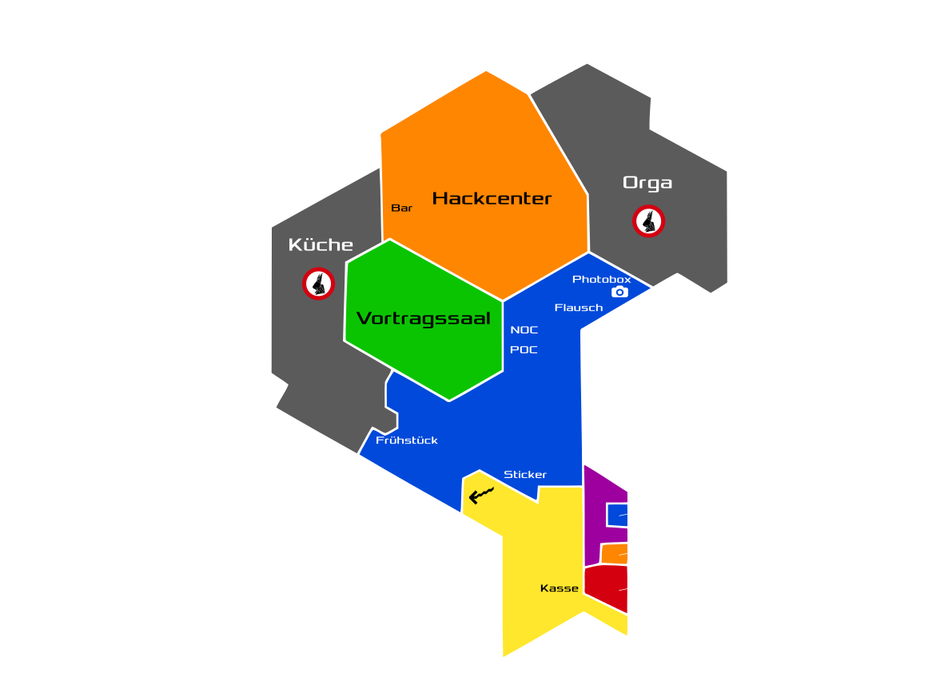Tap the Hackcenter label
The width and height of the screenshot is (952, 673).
click(x=492, y=198)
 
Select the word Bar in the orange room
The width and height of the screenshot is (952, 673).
click(x=401, y=208)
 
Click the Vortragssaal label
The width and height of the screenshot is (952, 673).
click(x=423, y=319)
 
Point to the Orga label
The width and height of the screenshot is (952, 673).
click(x=647, y=183)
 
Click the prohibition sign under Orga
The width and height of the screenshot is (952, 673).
click(x=649, y=221)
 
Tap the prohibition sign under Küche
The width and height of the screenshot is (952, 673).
click(x=318, y=283)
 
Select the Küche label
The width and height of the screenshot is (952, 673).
click(x=321, y=245)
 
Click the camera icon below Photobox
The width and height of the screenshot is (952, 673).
click(x=619, y=293)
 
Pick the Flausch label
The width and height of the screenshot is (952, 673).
click(x=579, y=308)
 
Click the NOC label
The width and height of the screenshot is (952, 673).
click(x=524, y=330)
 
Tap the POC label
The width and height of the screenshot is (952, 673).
click(x=524, y=350)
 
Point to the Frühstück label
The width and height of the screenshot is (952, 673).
click(x=407, y=440)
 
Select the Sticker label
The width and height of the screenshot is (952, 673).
click(x=525, y=475)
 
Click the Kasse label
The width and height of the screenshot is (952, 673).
click(x=559, y=588)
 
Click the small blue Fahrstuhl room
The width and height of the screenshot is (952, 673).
click(x=616, y=515)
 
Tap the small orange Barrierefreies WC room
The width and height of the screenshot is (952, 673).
click(x=614, y=554)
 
